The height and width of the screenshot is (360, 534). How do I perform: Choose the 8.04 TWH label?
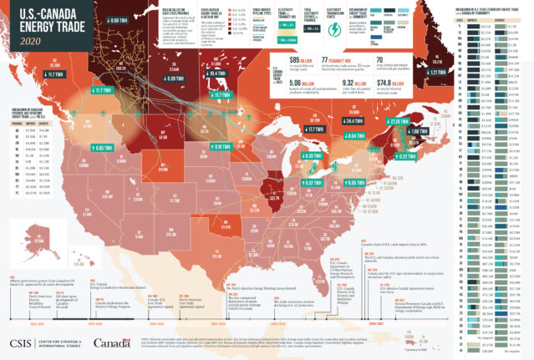[355, 134]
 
